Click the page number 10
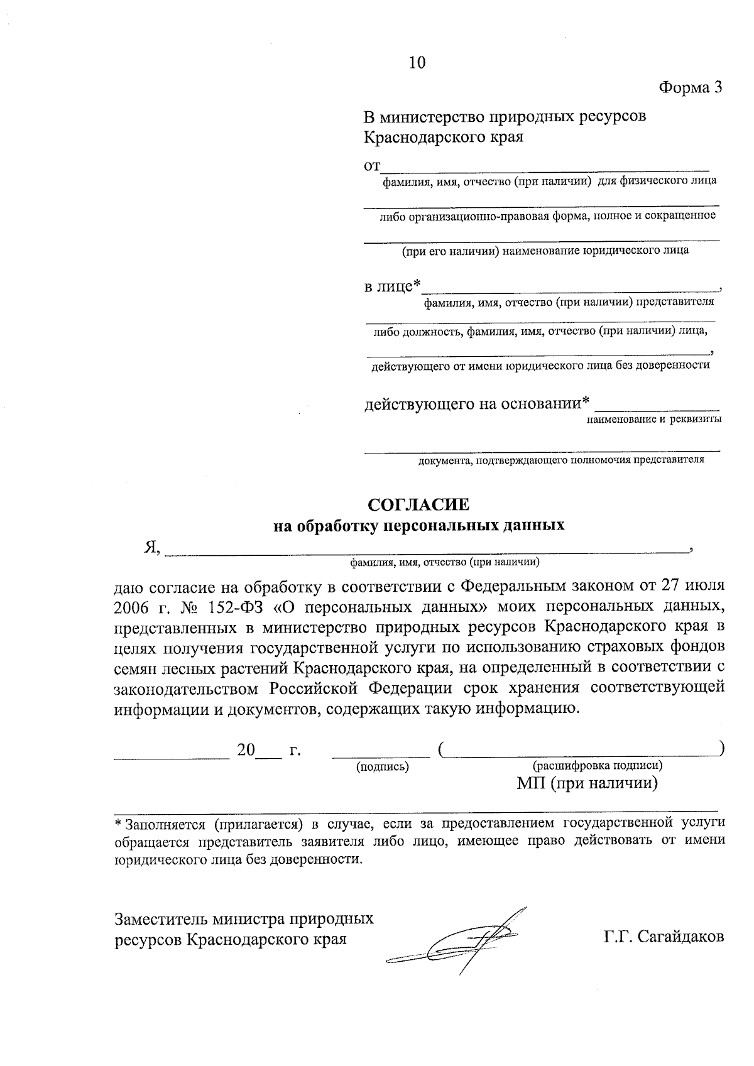[x=417, y=62]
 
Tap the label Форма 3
[x=690, y=87]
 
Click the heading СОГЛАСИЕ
[x=418, y=505]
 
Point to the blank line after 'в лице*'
[x=571, y=289]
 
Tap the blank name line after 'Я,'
[x=427, y=550]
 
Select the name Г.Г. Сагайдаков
[x=664, y=937]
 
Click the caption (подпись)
[x=382, y=766]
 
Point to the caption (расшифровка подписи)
[x=597, y=766]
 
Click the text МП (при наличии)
[x=587, y=783]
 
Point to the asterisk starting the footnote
[x=117, y=822]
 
